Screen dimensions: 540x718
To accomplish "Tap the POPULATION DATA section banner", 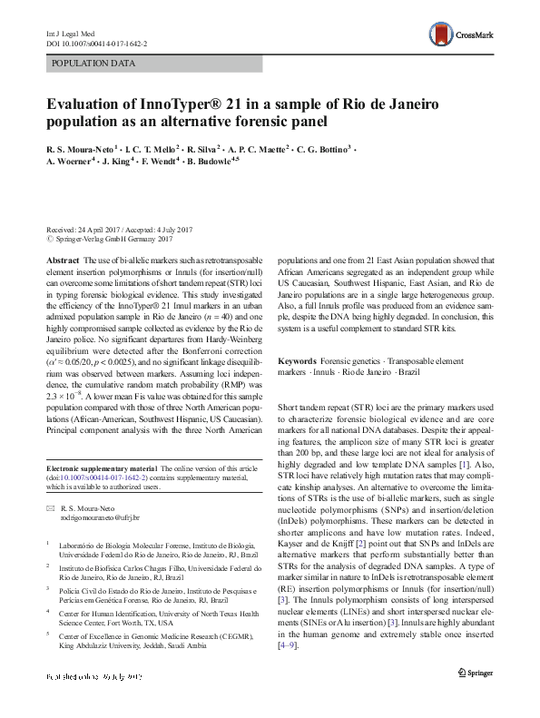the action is point(94,64).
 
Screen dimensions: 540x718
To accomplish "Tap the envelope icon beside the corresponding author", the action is point(51,508).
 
